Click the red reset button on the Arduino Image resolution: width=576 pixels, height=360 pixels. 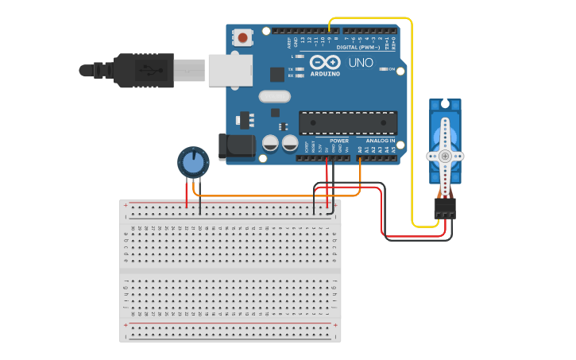pyautogui.click(x=242, y=37)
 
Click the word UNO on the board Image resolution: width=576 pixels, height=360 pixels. pyautogui.click(x=361, y=62)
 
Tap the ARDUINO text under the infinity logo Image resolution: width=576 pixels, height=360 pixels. pyautogui.click(x=325, y=74)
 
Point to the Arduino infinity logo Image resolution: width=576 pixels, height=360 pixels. pyautogui.click(x=325, y=62)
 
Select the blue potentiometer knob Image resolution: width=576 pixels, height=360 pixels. pyautogui.click(x=193, y=162)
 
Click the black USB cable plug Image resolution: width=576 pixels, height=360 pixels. pyautogui.click(x=143, y=69)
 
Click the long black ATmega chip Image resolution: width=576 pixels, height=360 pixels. pyautogui.click(x=347, y=122)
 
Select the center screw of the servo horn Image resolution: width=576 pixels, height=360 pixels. pyautogui.click(x=445, y=156)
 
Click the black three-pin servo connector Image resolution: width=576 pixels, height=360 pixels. pyautogui.click(x=445, y=208)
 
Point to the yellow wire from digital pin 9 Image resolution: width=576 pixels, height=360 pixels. pyautogui.click(x=412, y=119)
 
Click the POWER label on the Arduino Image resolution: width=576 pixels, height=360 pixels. pyautogui.click(x=339, y=141)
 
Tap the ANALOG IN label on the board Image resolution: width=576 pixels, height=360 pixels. pyautogui.click(x=381, y=141)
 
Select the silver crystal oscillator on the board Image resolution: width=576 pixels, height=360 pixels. pyautogui.click(x=274, y=97)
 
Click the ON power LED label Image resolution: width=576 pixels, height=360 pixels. pyautogui.click(x=392, y=69)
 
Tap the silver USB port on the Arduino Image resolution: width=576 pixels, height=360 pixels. pyautogui.click(x=230, y=69)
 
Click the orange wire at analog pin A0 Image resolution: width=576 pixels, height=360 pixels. pyautogui.click(x=360, y=171)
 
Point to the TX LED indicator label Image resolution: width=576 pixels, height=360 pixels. pyautogui.click(x=290, y=69)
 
